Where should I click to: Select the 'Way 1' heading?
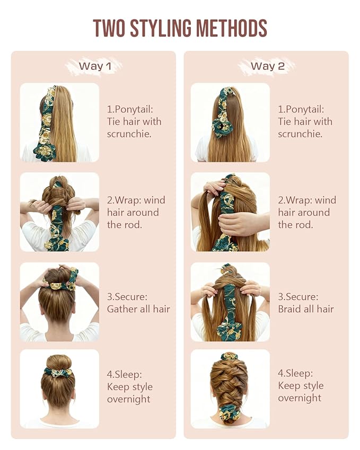tap(95, 66)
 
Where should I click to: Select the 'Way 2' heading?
tap(267, 66)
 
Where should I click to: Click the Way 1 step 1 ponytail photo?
tap(59, 122)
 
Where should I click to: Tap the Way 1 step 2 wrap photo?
tap(59, 212)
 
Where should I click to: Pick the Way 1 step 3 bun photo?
tap(59, 302)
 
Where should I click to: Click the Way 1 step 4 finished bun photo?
tap(59, 389)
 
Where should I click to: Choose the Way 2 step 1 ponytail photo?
tap(230, 122)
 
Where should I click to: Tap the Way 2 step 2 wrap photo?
tap(230, 212)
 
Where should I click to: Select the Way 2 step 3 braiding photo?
tap(230, 302)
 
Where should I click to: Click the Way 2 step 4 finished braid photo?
tap(230, 389)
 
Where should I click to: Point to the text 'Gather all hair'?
tap(138, 309)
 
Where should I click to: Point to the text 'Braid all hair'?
tap(306, 309)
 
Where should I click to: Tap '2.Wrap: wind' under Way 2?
tap(307, 200)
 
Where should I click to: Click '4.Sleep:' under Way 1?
tap(124, 374)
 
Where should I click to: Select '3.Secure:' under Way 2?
tap(298, 297)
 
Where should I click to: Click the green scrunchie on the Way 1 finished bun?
tap(58, 372)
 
